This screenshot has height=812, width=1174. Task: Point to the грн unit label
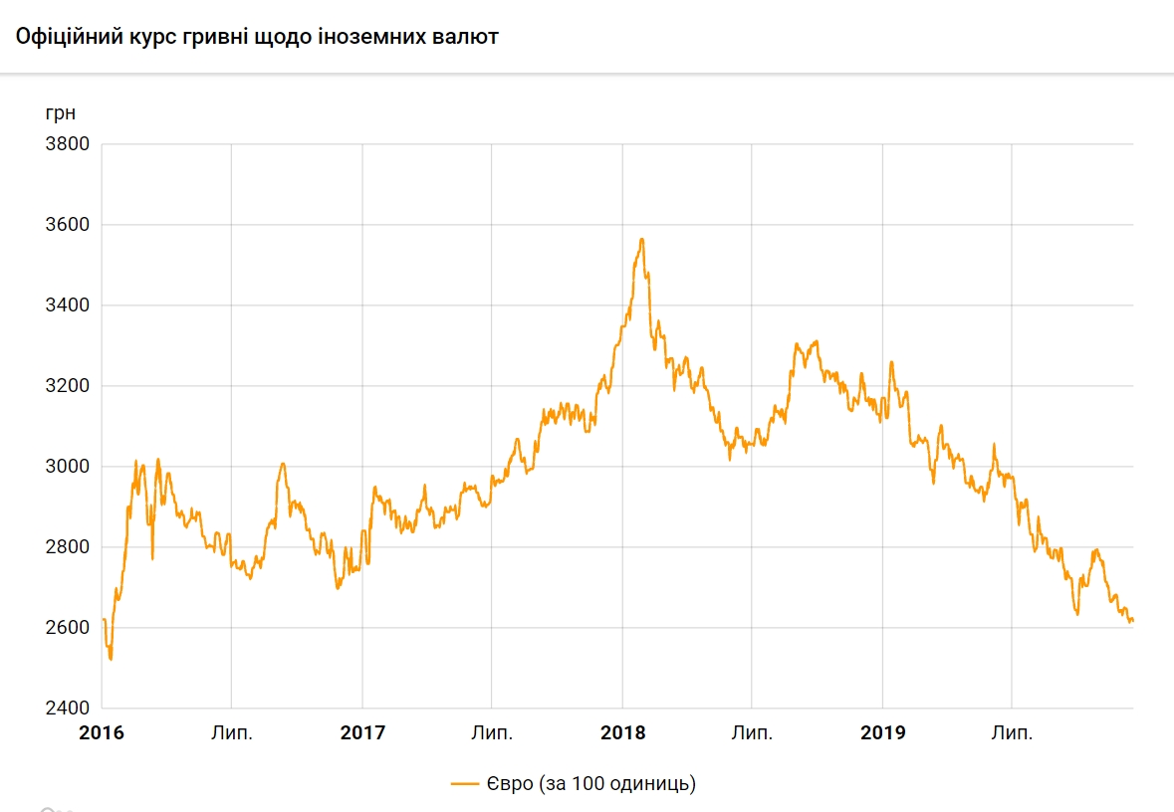point(60,111)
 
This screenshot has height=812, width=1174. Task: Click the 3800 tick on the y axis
point(68,144)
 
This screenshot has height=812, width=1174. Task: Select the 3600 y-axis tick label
point(68,225)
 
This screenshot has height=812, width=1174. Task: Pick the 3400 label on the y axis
point(68,305)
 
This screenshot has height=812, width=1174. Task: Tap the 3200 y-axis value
point(68,386)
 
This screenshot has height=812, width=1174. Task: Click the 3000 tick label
point(68,467)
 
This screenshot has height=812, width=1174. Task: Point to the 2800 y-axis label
point(68,547)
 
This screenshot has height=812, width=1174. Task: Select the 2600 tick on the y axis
point(68,628)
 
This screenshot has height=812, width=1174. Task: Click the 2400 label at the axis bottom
point(68,709)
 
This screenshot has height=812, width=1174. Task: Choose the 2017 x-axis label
point(362,734)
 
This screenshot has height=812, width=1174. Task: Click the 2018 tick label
point(622,734)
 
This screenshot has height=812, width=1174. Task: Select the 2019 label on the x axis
point(883,734)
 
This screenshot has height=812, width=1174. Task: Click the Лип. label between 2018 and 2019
point(752,734)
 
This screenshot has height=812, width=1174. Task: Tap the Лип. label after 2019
point(1012,734)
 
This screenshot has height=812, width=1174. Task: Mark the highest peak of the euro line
point(642,239)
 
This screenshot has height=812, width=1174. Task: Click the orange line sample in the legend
point(465,784)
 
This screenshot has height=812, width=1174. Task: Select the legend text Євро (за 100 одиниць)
point(591,784)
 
